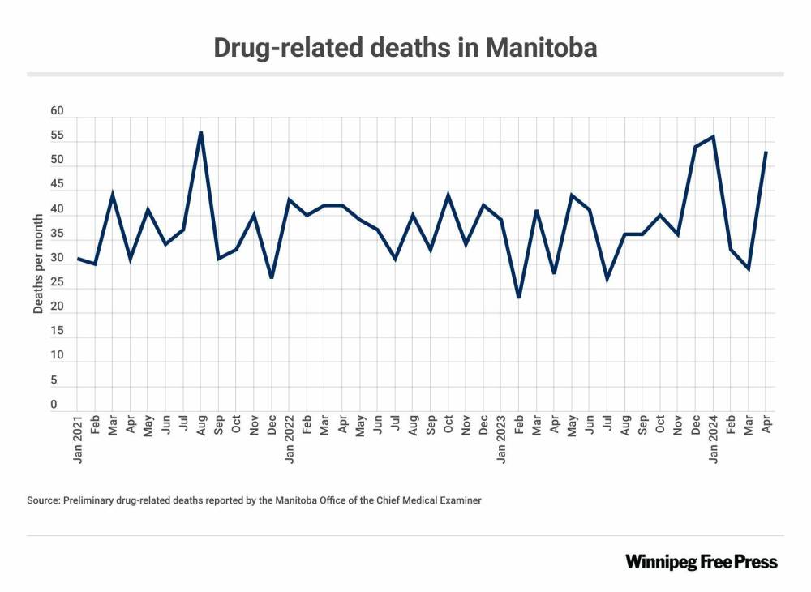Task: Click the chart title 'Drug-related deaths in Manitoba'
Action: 405,47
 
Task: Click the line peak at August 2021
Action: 200,132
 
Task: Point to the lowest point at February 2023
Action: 518,298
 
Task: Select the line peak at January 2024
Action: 713,136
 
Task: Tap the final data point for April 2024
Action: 766,152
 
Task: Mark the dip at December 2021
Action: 271,278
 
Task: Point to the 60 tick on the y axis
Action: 56,111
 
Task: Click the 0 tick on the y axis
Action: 54,404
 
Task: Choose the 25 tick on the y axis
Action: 56,282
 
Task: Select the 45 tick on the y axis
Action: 56,185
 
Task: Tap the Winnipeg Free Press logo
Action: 701,561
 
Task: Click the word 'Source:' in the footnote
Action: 44,500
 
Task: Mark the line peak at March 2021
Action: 113,195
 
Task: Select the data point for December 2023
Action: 695,147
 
